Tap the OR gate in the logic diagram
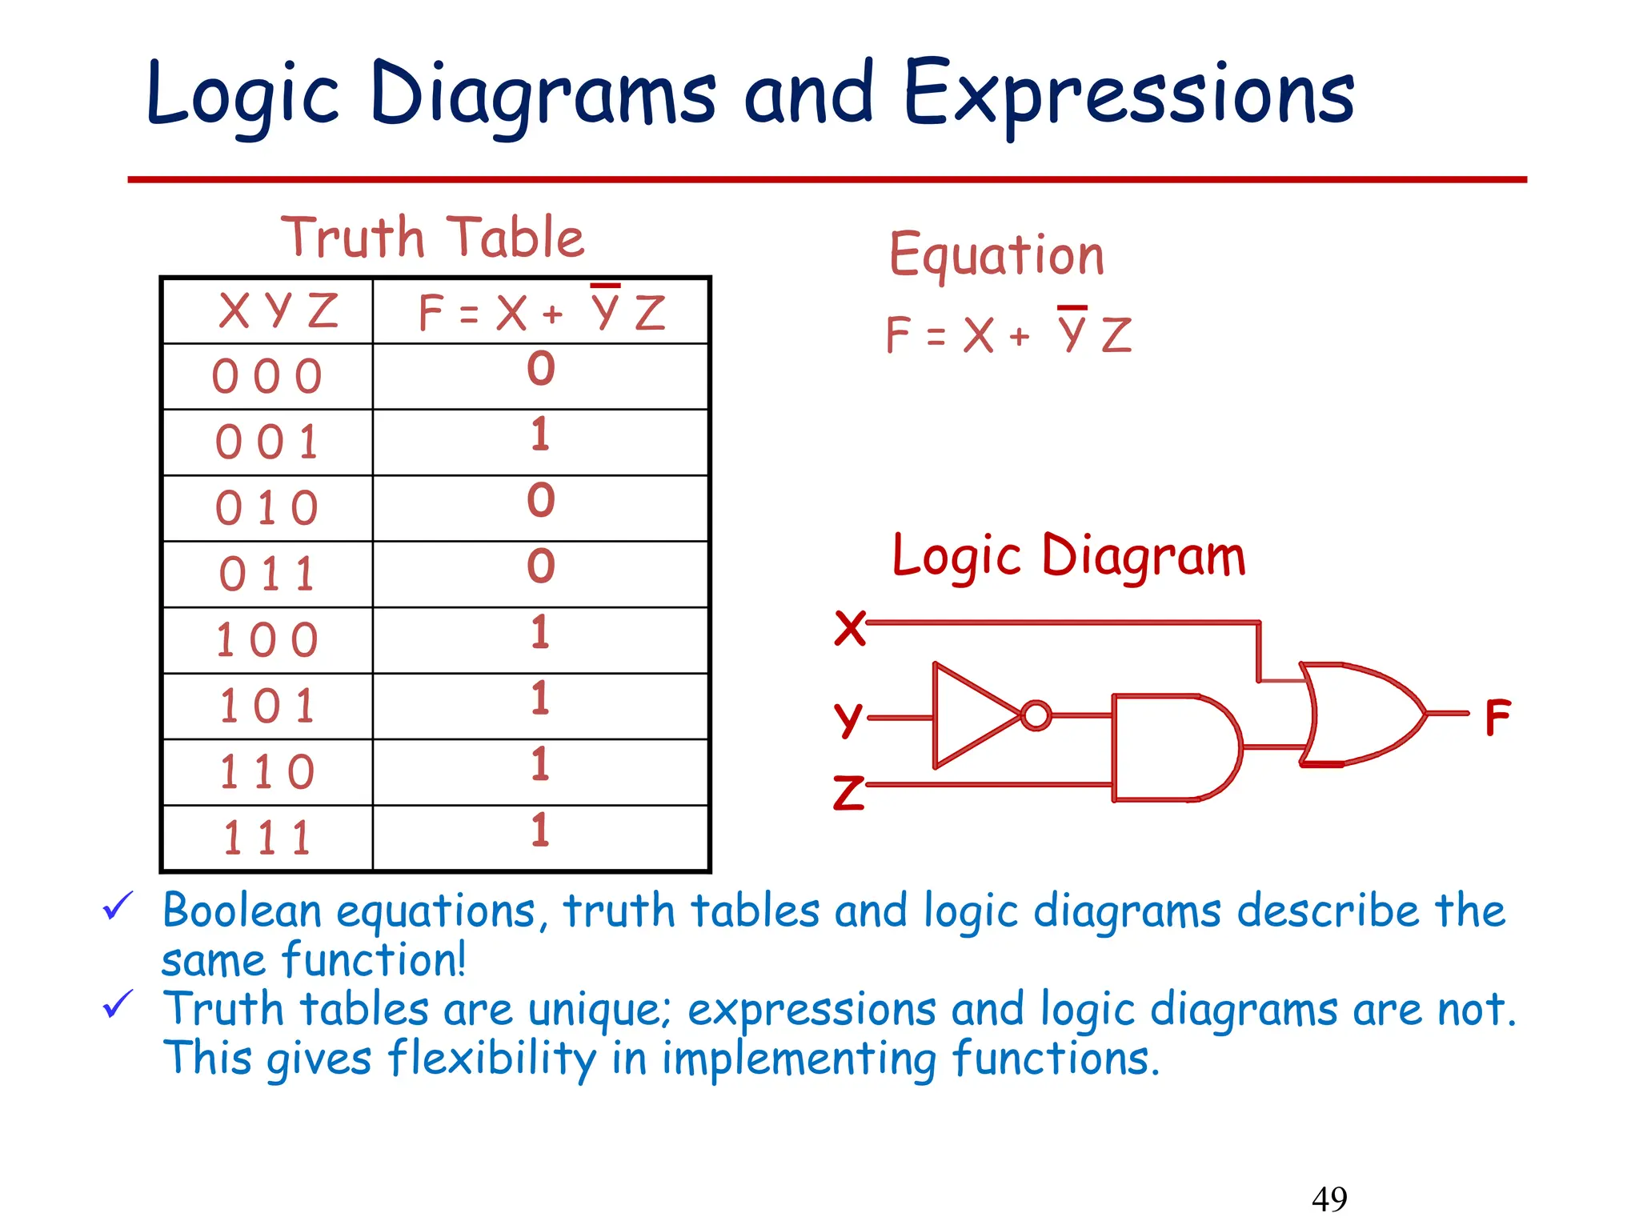[x=1360, y=713]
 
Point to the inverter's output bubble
[x=1036, y=715]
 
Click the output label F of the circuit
[x=1497, y=717]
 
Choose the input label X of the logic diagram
[x=849, y=627]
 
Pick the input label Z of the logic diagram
[x=848, y=792]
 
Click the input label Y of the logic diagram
[x=848, y=719]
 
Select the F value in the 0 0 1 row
[x=540, y=434]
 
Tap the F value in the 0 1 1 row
[x=540, y=566]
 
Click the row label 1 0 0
[x=267, y=641]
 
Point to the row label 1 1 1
[x=267, y=839]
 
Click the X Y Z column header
[x=279, y=310]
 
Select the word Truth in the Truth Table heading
[x=352, y=238]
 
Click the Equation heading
[x=996, y=255]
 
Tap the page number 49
[x=1329, y=1199]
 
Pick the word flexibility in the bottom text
[x=492, y=1059]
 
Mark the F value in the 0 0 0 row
[x=540, y=368]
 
